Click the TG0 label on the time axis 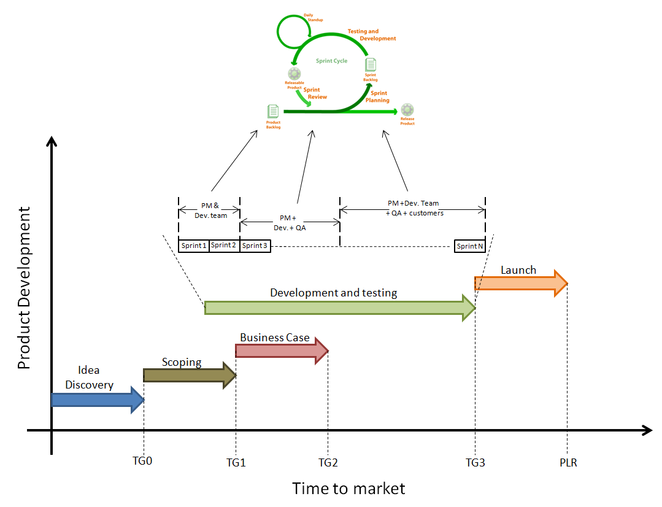click(142, 462)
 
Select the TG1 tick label click(236, 463)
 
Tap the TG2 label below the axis click(328, 463)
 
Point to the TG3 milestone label click(475, 463)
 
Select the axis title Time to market click(348, 489)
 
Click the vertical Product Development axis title click(24, 288)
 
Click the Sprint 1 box click(194, 246)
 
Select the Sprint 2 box click(224, 246)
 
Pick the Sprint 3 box click(255, 246)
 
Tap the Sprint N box click(469, 246)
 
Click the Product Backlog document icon click(273, 111)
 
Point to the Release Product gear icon click(407, 110)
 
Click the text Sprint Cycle click(331, 61)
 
